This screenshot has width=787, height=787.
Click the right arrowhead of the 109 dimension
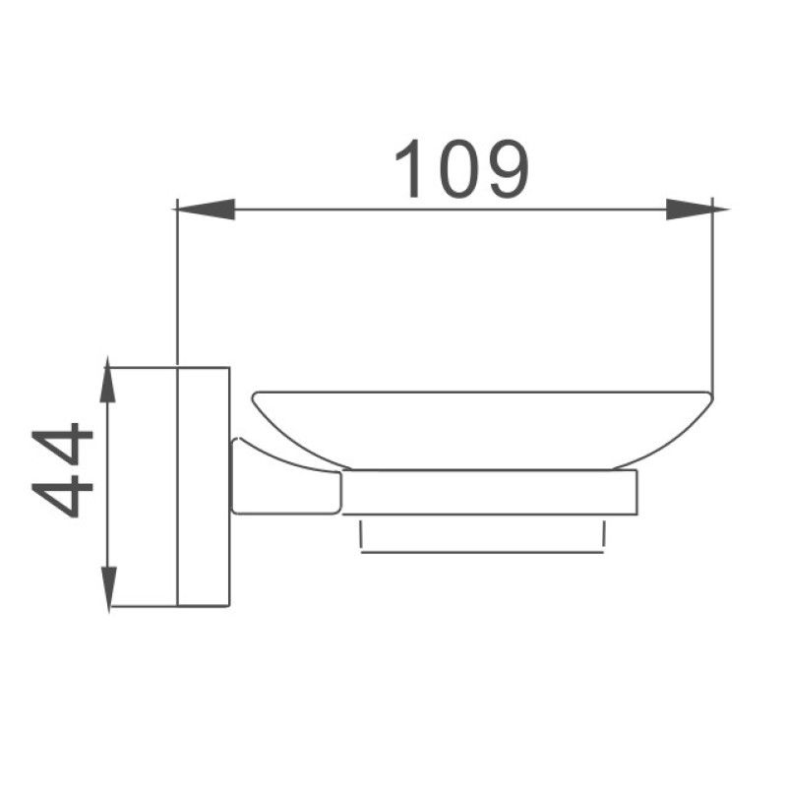[689, 209]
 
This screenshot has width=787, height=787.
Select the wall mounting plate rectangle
[203, 487]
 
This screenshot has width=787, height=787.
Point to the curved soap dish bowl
[482, 428]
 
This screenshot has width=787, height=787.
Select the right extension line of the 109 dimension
[712, 295]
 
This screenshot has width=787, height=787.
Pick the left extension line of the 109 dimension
[176, 285]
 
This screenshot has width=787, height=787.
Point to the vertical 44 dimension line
[109, 492]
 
